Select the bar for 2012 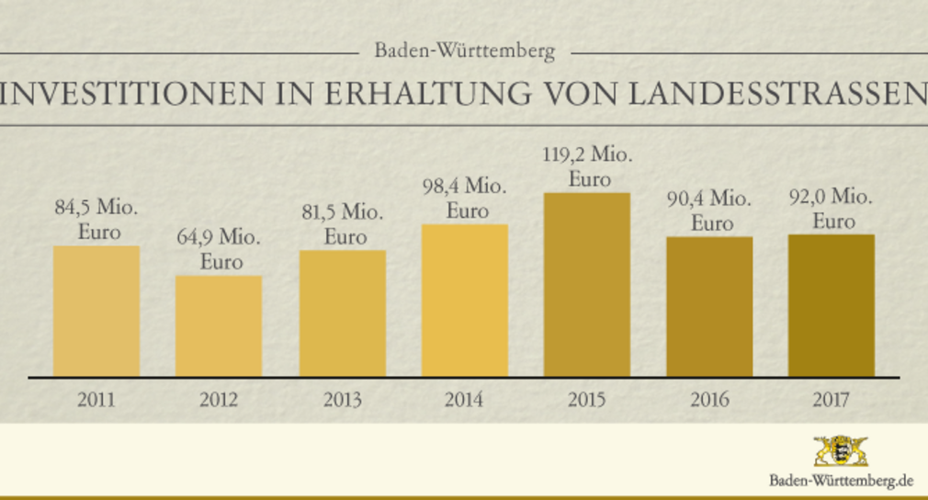click(219, 326)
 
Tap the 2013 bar click(342, 313)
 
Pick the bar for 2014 click(464, 301)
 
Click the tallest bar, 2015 click(586, 285)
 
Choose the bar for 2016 click(709, 307)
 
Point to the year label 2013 click(342, 400)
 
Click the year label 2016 click(709, 400)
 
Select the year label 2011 click(96, 400)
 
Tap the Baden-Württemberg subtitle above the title click(464, 51)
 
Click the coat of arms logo click(841, 451)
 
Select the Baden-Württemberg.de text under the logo click(841, 481)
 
